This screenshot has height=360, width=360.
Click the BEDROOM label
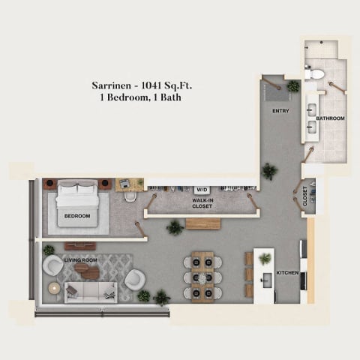click(76, 216)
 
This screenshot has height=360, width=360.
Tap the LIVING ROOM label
click(81, 260)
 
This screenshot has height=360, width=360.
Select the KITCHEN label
click(287, 272)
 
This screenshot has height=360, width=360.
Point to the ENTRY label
click(280, 112)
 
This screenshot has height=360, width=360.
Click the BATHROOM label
click(330, 118)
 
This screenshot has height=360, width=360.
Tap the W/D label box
click(202, 190)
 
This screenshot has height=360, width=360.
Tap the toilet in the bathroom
click(316, 73)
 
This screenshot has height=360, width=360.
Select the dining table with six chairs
click(202, 275)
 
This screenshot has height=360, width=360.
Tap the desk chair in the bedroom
click(130, 196)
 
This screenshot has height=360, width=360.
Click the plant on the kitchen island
click(265, 259)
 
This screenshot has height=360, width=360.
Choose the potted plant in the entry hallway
click(269, 171)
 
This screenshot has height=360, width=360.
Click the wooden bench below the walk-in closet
click(202, 223)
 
